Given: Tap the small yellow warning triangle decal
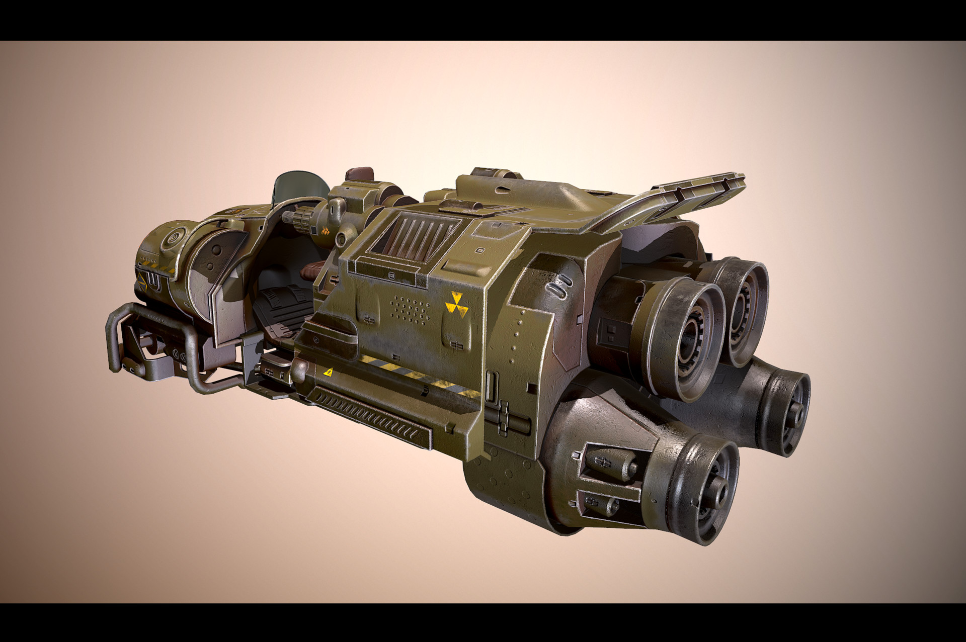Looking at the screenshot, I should [328, 373].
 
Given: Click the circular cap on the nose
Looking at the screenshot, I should [173, 235].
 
